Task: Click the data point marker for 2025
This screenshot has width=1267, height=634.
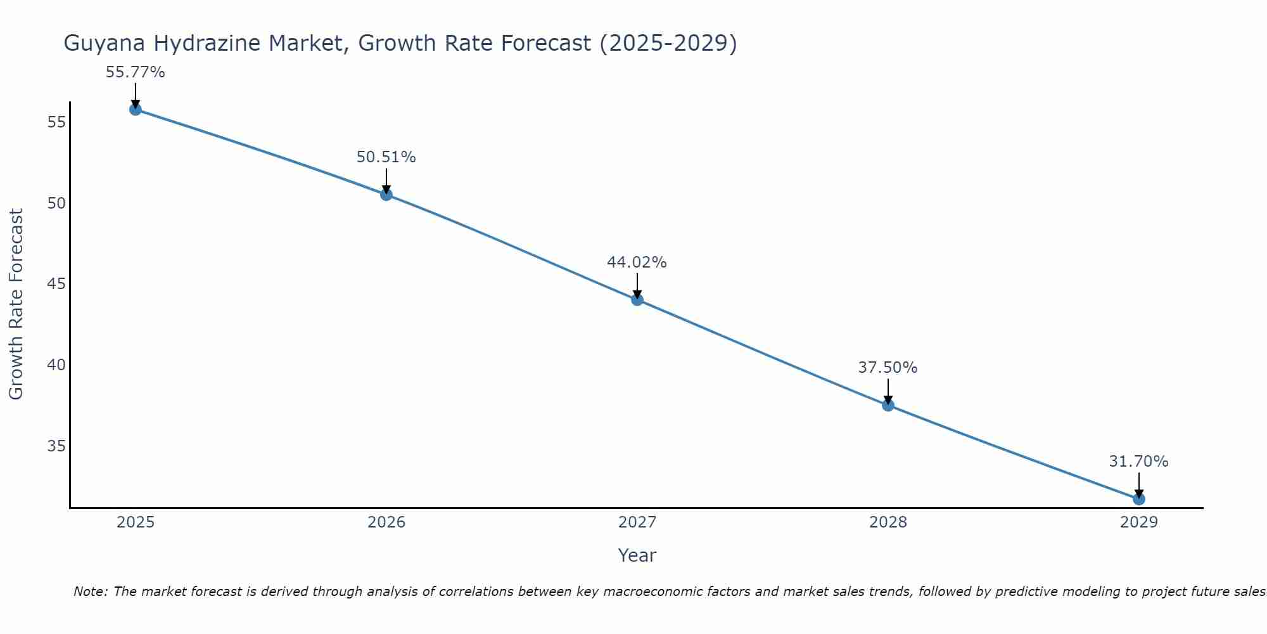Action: point(135,109)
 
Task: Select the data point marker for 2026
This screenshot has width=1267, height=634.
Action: point(386,195)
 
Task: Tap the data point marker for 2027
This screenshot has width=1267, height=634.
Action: point(637,300)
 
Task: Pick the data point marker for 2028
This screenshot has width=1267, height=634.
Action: point(888,405)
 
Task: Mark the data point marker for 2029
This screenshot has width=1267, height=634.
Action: point(1139,499)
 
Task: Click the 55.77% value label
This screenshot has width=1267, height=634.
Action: point(135,72)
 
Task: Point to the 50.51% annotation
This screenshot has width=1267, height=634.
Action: point(386,157)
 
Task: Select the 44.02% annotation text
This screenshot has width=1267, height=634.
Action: point(637,262)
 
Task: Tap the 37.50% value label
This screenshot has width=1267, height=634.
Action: point(888,368)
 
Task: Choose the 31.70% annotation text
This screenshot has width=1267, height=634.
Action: point(1139,462)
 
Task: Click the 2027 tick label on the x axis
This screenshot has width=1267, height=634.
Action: point(637,522)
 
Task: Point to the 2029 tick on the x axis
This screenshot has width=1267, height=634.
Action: point(1139,522)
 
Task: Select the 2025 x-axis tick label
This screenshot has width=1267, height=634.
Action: point(136,522)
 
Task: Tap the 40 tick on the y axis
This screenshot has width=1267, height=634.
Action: point(56,365)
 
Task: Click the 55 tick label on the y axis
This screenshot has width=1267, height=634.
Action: point(56,122)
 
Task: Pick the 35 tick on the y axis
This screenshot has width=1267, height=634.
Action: point(56,446)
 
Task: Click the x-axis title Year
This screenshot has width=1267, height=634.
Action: point(637,555)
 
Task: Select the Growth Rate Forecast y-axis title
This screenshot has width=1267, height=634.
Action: point(16,304)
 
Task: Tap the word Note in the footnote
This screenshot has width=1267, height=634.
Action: point(91,592)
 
